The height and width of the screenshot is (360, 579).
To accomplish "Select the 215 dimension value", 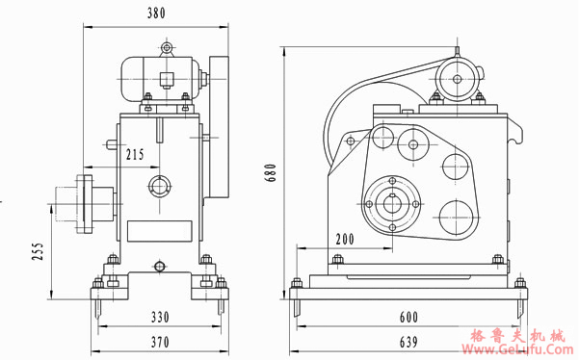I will pyautogui.click(x=135, y=154).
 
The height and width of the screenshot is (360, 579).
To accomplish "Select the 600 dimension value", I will pyautogui.click(x=409, y=317).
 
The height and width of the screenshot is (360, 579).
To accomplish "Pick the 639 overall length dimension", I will pyautogui.click(x=409, y=341).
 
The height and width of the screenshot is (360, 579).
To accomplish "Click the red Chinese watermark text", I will pyautogui.click(x=521, y=336).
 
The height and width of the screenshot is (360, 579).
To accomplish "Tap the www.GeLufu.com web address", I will pyautogui.click(x=521, y=350).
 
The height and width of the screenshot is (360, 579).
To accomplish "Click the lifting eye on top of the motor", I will pyautogui.click(x=168, y=46).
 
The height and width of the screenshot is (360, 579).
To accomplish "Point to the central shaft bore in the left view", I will pyautogui.click(x=159, y=186).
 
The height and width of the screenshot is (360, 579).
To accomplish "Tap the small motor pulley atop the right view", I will pyautogui.click(x=453, y=78).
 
